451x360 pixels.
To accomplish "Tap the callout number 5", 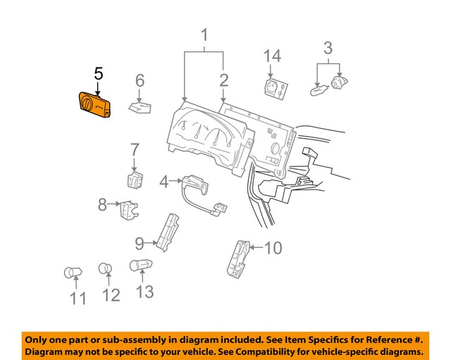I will pos(98,75).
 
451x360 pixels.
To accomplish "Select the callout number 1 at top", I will pos(204,35).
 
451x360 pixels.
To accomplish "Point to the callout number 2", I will pos(223,80).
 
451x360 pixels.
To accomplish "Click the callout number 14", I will pos(272,57).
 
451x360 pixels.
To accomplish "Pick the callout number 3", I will pos(328,49).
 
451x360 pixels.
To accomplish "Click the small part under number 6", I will pos(142,107).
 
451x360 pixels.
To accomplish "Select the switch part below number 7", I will pos(135,179).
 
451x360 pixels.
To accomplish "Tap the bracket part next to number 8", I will pos(128,209).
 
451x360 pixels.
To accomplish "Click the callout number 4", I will pos(163,182).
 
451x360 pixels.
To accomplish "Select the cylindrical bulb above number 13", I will pos(140,266).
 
